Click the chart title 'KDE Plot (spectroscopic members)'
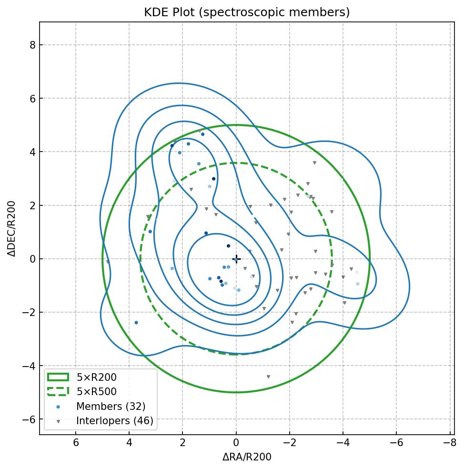247,12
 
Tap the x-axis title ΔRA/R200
247,457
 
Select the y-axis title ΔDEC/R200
12,228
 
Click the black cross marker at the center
236,259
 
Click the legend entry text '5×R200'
96,377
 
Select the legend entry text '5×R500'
96,392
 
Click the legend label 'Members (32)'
111,407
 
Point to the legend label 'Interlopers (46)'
114,421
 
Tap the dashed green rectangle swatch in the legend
58,391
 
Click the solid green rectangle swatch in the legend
58,377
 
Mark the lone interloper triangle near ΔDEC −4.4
268,377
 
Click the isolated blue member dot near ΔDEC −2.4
136,323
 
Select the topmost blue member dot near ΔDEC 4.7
202,134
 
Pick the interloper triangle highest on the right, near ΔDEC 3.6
314,163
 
